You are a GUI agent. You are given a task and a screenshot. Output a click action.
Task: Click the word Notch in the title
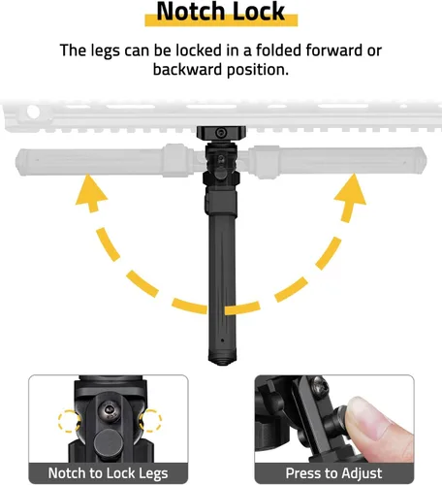(188, 13)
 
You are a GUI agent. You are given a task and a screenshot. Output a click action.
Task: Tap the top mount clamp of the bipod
(220, 134)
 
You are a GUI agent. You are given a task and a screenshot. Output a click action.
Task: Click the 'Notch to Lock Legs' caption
(108, 474)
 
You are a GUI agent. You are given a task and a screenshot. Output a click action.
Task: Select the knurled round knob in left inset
(109, 441)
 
